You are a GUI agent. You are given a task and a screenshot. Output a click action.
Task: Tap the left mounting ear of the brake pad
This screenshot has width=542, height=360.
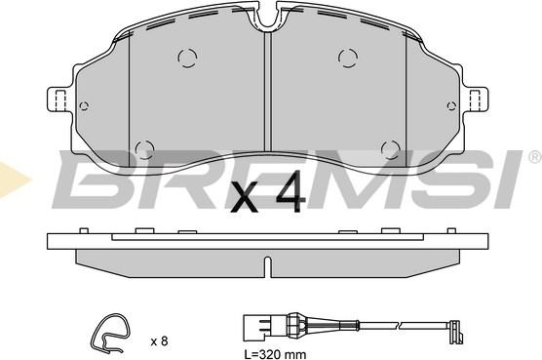pos(58,99)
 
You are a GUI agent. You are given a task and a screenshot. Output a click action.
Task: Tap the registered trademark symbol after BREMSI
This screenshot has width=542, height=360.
pos(533,156)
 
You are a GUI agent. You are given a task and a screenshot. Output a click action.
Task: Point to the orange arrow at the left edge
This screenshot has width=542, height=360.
pos(11,178)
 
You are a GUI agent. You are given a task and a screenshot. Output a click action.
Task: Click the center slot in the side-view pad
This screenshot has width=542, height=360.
pos(269,263)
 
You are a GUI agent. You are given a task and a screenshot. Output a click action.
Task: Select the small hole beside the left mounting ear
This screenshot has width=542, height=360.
pos(84,106)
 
